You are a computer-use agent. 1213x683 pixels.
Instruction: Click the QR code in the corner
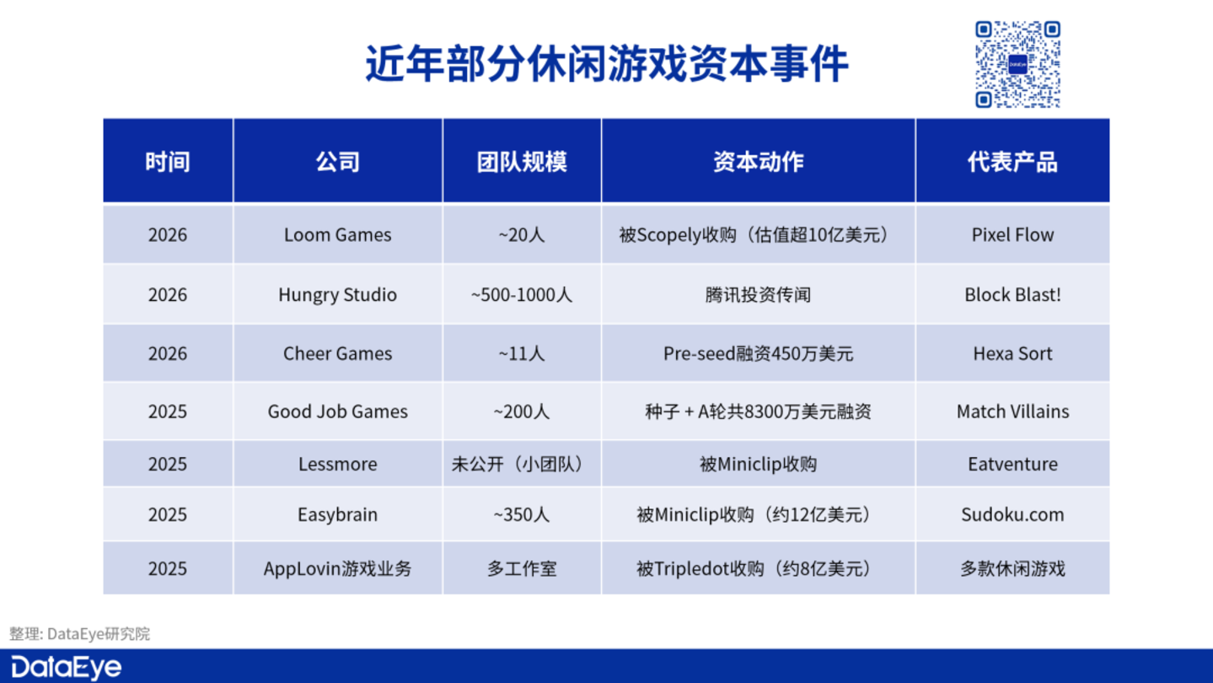1017,64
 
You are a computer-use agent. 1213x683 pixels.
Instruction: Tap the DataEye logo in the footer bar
66,667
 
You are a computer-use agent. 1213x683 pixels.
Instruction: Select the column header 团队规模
522,161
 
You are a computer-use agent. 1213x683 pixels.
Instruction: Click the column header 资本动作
758,161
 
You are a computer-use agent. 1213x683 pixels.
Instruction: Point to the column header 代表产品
1012,161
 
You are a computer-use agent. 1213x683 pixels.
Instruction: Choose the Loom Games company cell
337,235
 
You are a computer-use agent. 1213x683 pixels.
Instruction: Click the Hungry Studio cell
337,294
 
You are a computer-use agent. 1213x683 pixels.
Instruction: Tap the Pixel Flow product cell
1012,235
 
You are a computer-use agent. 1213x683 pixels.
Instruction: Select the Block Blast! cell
1012,294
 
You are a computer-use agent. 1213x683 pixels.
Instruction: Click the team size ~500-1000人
522,294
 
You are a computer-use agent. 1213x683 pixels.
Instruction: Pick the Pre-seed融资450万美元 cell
758,353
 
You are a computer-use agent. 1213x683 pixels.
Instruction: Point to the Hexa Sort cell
1012,353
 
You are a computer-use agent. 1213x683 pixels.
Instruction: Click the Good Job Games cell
337,411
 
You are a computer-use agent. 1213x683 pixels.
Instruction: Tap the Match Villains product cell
1012,411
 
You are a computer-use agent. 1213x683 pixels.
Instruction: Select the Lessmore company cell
337,464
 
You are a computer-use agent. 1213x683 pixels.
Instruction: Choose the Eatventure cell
1012,464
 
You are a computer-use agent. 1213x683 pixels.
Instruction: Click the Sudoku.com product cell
1012,514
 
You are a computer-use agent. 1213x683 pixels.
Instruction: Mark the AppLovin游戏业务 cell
337,568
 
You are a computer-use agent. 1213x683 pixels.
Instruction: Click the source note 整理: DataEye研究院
79,634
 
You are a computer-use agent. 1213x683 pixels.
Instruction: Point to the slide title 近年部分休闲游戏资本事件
607,64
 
